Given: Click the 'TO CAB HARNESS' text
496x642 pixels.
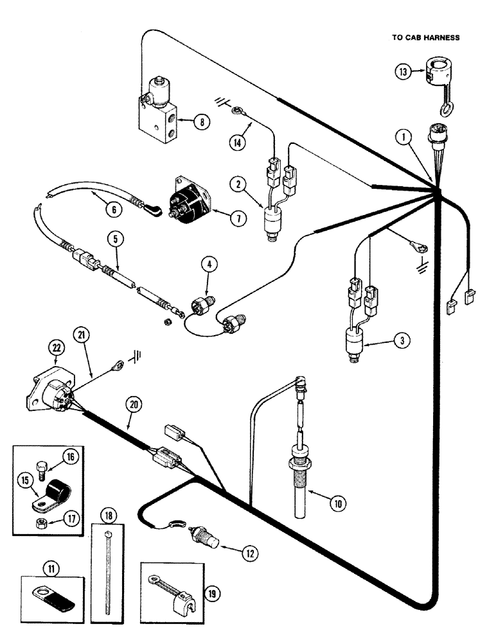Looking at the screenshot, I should point(425,38).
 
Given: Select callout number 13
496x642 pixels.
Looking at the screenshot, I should point(402,73).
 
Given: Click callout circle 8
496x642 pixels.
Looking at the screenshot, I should point(201,121).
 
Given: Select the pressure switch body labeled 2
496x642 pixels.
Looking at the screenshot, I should point(272,221).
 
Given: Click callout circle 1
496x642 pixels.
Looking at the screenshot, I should point(403,136).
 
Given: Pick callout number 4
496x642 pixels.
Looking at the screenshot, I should point(208,263).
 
